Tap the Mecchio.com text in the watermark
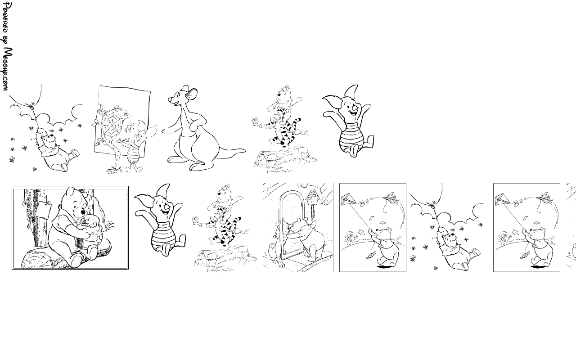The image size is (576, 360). click(7, 69)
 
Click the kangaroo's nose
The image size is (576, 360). click(170, 99)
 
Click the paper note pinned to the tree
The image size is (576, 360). click(44, 209)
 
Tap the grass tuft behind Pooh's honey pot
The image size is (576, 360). click(111, 226)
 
